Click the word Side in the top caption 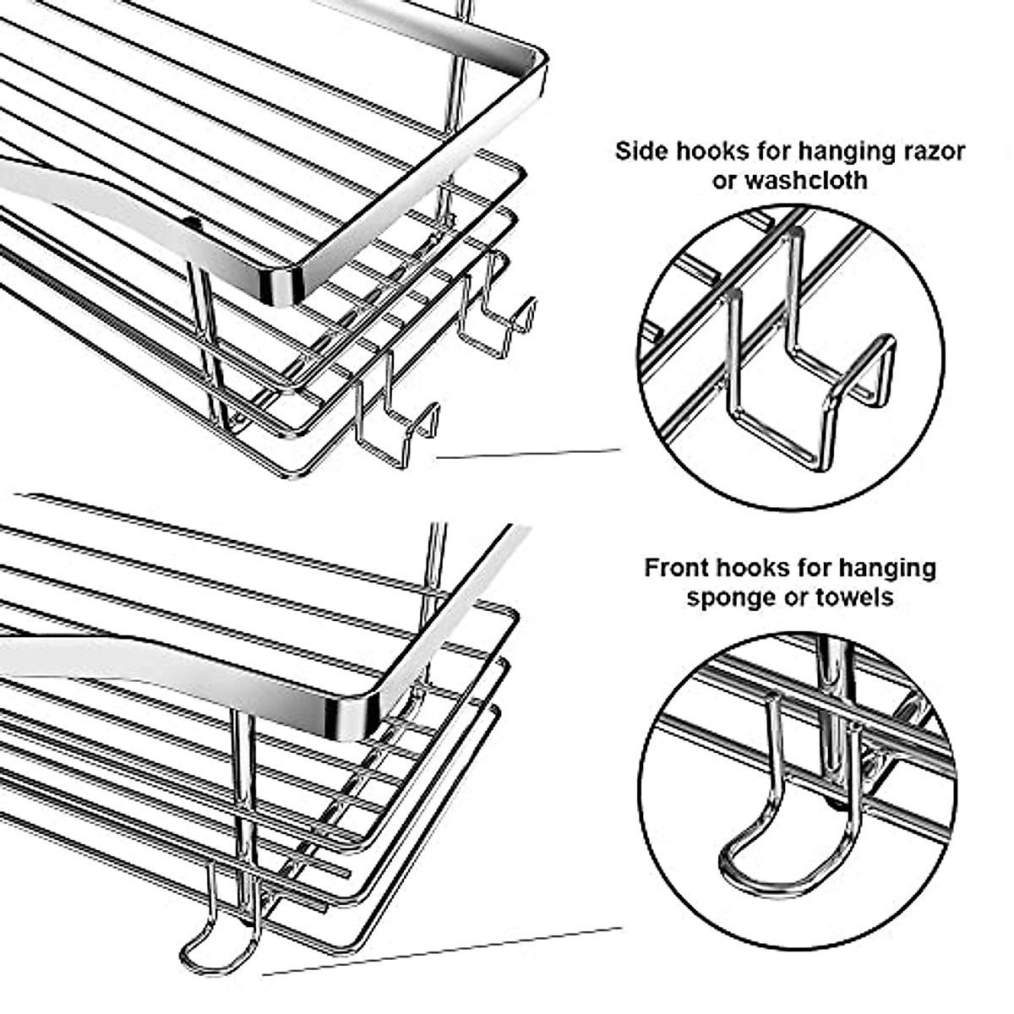point(642,152)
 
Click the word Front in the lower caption point(677,567)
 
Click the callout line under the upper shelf point(528,455)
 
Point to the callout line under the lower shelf point(439,951)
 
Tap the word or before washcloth point(724,180)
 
